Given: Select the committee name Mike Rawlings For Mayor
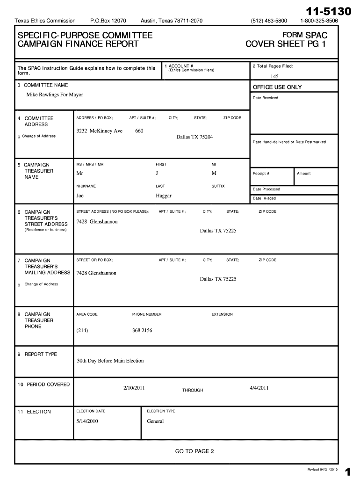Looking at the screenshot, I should pos(55,95).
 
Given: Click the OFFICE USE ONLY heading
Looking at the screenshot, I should pos(277,87).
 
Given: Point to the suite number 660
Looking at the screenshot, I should pos(139,131).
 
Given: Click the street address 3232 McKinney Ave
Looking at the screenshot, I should pos(99,131).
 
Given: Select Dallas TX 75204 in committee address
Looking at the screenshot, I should pos(194,137).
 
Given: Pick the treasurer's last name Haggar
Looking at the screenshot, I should pos(164,196).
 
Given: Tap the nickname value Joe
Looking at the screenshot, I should pos(80,196).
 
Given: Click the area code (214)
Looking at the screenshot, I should pos(82,331).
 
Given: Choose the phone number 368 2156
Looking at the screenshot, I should pos(142,331).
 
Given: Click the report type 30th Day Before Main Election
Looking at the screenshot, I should pos(110,361).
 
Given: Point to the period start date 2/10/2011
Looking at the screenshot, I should pos(134,388).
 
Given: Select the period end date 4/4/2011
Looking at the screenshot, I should pos(259,388).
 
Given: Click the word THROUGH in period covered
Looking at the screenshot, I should pos(193,390).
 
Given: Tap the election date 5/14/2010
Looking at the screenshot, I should pos(87,421).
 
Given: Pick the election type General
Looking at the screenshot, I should pos(155,421).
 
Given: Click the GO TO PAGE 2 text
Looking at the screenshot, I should pos(194,451).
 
